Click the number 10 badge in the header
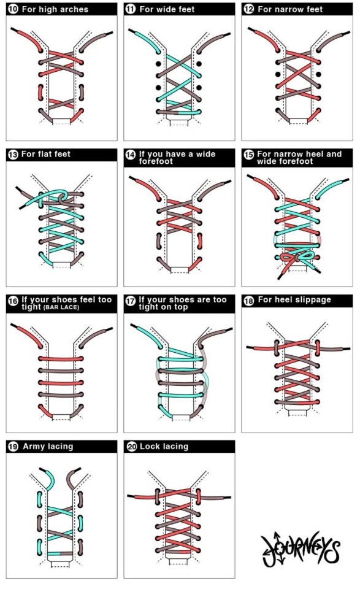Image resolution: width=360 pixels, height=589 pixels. tap(13, 9)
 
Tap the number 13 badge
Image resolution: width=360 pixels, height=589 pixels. tap(13, 155)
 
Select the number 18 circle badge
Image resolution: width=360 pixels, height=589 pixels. tap(248, 301)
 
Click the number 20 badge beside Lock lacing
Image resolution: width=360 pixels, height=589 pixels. tap(131, 447)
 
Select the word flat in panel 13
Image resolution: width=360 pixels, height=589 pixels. tap(45, 154)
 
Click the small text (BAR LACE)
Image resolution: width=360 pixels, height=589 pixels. tap(61, 307)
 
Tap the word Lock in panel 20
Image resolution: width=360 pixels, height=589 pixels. tap(148, 446)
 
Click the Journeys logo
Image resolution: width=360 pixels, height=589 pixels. tap(301, 549)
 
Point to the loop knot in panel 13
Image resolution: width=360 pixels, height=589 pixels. tap(62, 196)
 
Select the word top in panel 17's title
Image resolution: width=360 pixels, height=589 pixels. tap(180, 307)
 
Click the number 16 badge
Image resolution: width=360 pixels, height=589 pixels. tap(13, 301)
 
